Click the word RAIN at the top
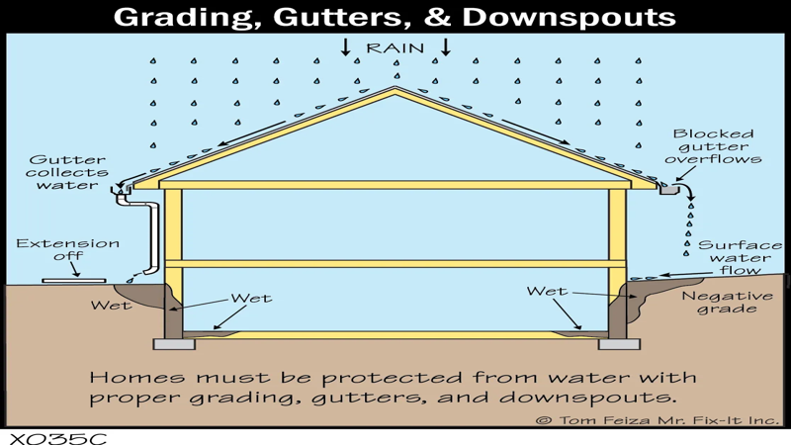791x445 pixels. coord(395,48)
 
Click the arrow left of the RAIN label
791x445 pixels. coord(345,46)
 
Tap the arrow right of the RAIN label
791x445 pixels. coord(446,46)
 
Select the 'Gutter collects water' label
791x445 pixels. coord(67,172)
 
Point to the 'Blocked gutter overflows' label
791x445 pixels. coord(713,146)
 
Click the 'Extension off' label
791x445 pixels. coord(67,250)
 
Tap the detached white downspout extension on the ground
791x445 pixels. coord(74,281)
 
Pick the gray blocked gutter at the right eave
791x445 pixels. coord(670,189)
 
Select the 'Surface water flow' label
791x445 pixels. coord(740,258)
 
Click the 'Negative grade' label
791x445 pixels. coord(727,302)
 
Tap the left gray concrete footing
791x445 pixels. coord(174,344)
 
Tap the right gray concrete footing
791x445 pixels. coord(619,344)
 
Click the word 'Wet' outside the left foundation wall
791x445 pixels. coord(111,306)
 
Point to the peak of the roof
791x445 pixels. coord(395,87)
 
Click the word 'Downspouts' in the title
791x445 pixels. coord(569,17)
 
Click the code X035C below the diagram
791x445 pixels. coord(57,438)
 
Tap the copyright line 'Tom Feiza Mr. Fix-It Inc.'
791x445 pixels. coord(668,419)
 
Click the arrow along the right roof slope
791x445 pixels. coord(535,133)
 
